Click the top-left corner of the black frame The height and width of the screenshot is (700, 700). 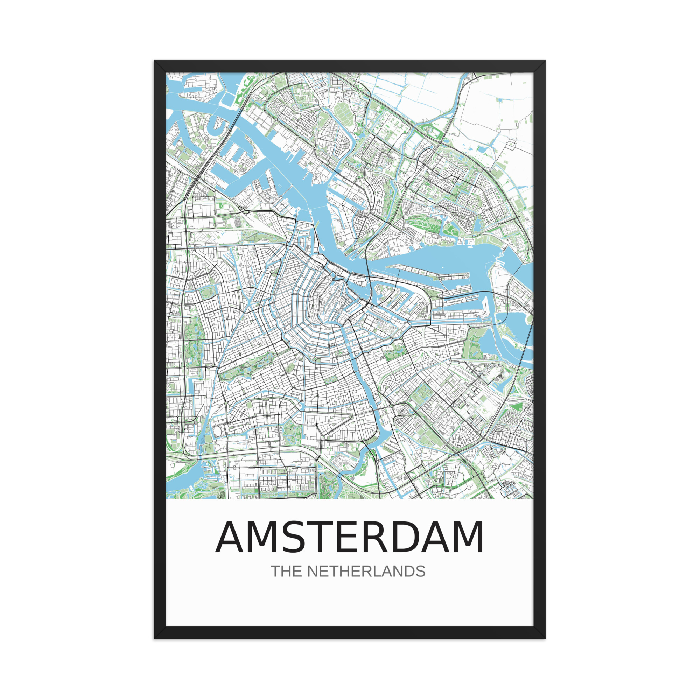[x=155, y=61]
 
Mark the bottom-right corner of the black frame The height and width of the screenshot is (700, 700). [x=545, y=638]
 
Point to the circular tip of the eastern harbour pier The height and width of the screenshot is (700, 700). [x=466, y=275]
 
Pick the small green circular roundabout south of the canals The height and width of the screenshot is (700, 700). [x=315, y=359]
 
